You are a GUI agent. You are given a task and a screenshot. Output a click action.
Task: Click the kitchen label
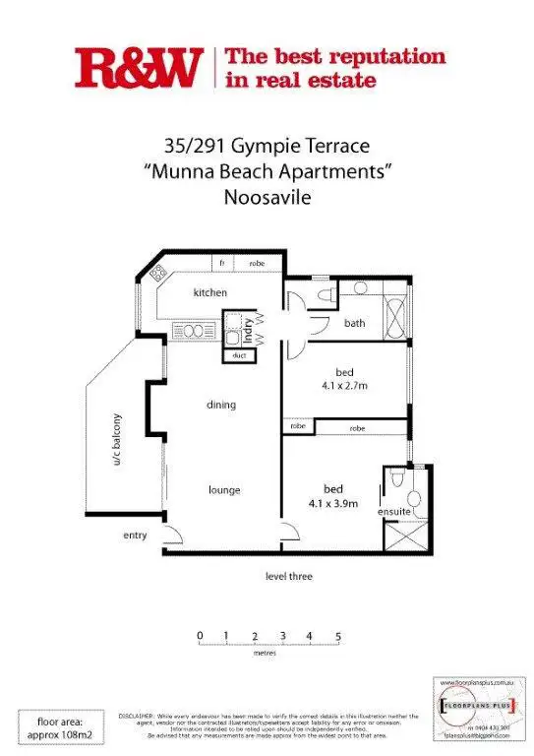(x=210, y=292)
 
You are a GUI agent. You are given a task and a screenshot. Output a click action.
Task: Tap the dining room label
(x=221, y=405)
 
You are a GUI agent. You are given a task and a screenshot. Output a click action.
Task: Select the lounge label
(x=224, y=490)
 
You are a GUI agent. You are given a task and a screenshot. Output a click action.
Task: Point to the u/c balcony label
(x=116, y=439)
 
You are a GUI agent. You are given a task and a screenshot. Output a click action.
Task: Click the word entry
(x=135, y=535)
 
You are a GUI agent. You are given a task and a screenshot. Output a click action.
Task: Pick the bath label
(x=355, y=323)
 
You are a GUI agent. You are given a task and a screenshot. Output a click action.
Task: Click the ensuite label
(x=393, y=512)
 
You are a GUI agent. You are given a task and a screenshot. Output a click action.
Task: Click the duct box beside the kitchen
(x=239, y=355)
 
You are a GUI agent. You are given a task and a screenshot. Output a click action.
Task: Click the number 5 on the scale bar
(x=338, y=637)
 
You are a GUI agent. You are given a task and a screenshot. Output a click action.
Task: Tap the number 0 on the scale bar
(x=200, y=637)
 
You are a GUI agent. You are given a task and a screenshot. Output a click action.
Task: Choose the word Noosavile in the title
(x=267, y=196)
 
